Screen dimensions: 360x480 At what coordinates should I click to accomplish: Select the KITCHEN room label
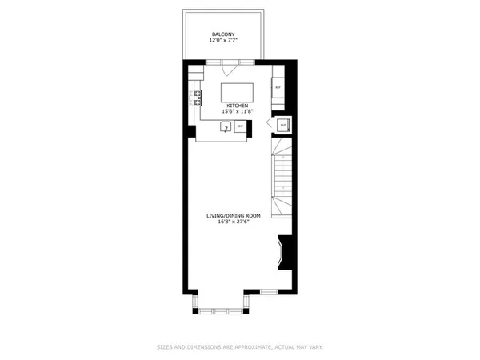pyautogui.click(x=237, y=106)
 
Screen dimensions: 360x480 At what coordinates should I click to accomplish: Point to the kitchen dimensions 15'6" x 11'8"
pyautogui.click(x=237, y=112)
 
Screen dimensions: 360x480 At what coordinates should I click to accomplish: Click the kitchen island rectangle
pyautogui.click(x=237, y=90)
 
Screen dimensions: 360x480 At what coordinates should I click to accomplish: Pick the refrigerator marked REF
pyautogui.click(x=278, y=87)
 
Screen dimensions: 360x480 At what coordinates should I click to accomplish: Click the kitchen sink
pyautogui.click(x=227, y=126)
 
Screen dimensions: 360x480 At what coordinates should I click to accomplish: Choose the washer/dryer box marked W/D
pyautogui.click(x=282, y=125)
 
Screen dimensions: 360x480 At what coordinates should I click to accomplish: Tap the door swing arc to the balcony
pyautogui.click(x=230, y=66)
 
